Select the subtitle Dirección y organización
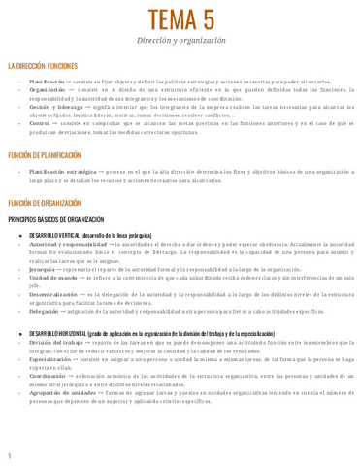point(180,42)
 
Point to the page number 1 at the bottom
point(9,455)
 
